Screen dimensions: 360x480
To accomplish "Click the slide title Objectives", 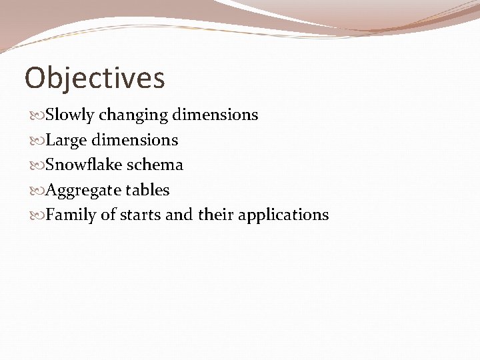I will [x=95, y=78].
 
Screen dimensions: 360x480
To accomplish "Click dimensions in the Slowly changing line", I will [x=215, y=115].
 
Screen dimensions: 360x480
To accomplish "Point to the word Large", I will [x=67, y=140].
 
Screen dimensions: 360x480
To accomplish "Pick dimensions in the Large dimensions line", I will [x=135, y=140].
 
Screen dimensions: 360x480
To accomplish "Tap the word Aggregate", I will [x=83, y=190].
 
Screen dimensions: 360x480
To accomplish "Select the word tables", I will [x=148, y=190].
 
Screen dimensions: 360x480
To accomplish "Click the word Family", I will [x=71, y=215].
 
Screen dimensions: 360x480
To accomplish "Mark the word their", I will [x=215, y=215].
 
